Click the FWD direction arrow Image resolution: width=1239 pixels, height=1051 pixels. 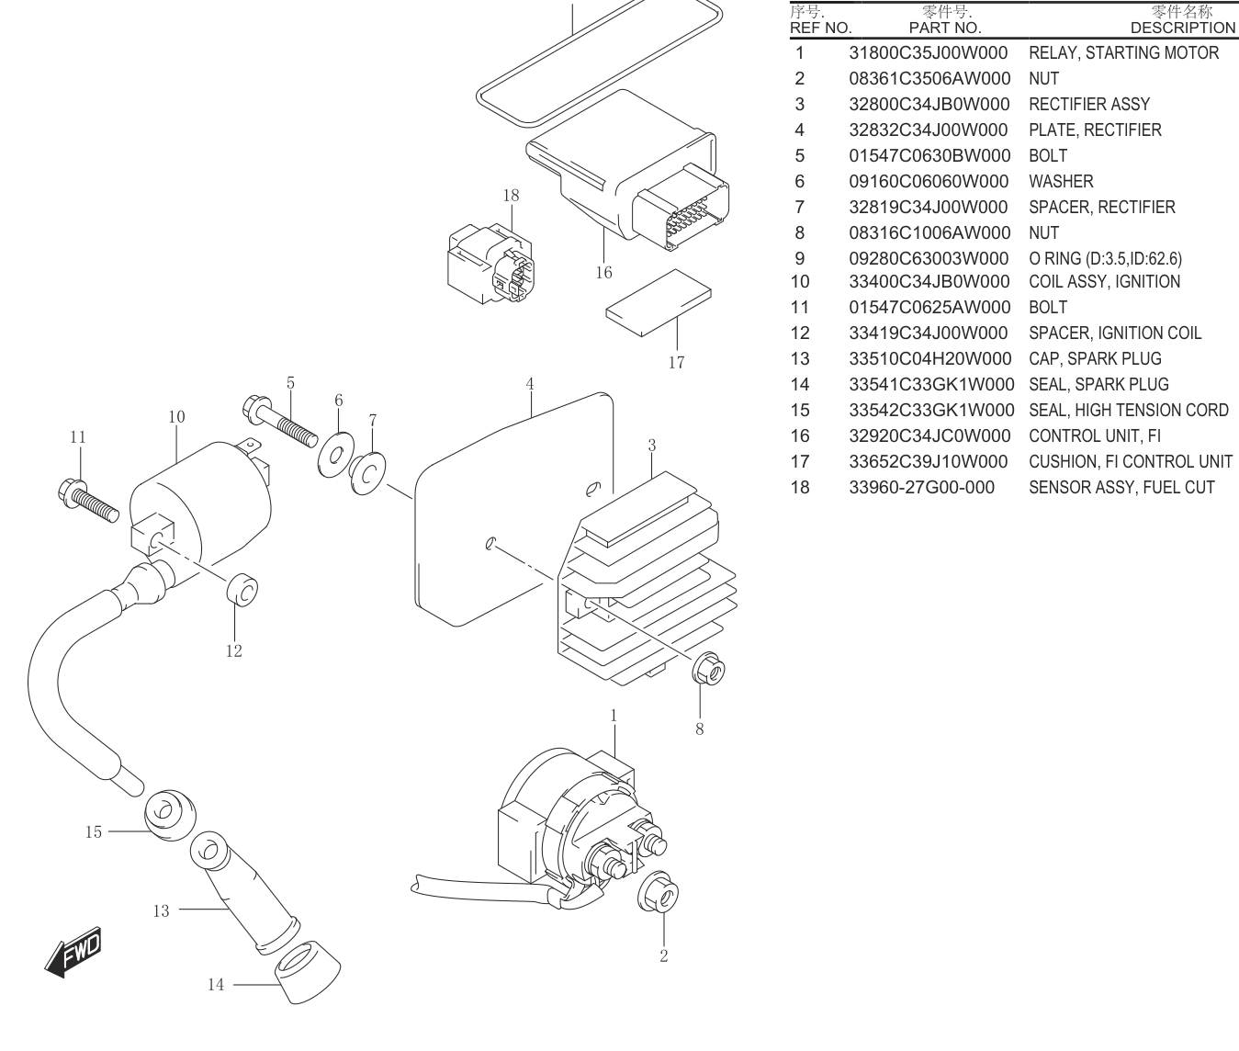click(x=73, y=952)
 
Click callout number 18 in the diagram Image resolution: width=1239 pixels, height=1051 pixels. click(x=511, y=196)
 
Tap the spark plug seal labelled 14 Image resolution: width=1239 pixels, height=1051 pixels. click(x=307, y=973)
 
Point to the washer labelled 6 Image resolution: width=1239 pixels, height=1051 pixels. click(x=335, y=455)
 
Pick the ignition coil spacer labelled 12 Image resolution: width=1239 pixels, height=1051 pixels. click(x=242, y=590)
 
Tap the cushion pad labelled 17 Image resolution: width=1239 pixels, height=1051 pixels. click(x=659, y=303)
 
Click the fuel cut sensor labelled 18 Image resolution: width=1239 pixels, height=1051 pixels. click(x=490, y=264)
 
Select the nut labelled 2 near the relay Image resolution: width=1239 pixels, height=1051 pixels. click(x=659, y=892)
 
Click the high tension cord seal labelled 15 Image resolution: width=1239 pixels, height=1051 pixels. click(x=170, y=815)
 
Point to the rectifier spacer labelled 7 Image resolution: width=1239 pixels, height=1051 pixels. click(x=367, y=473)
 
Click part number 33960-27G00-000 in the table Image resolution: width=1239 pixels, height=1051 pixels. click(x=921, y=488)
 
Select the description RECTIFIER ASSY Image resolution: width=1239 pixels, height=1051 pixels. click(x=1089, y=105)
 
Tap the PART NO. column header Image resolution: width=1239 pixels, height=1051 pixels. click(x=945, y=28)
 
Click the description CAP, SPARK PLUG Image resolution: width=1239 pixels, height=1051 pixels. click(x=1095, y=358)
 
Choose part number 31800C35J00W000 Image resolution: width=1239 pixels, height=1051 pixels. click(x=928, y=52)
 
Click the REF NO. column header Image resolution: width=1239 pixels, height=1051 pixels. click(x=820, y=28)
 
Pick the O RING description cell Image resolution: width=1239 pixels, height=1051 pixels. click(x=1105, y=258)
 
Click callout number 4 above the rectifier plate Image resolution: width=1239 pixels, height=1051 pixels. click(x=530, y=384)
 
